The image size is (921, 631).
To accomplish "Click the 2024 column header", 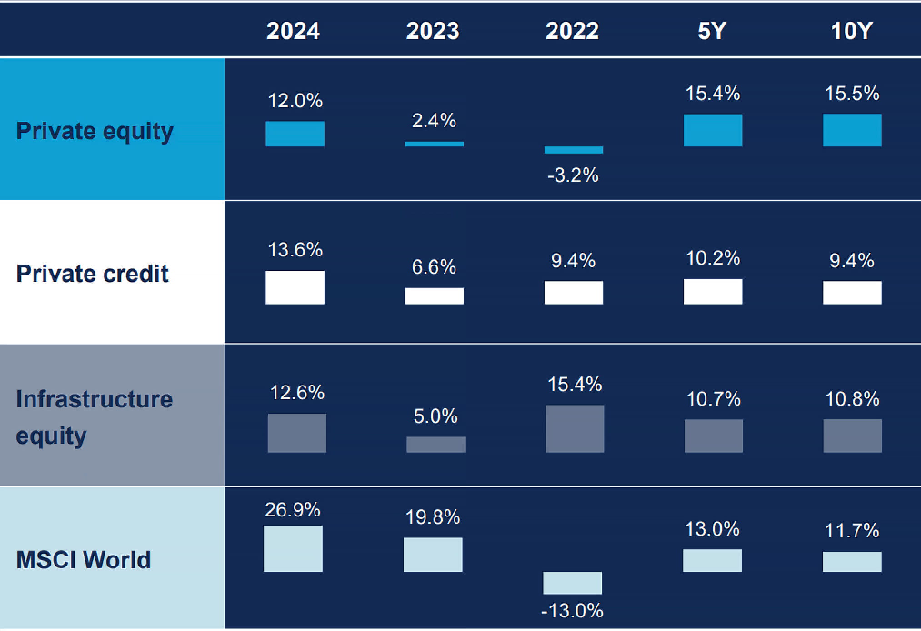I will click(293, 31).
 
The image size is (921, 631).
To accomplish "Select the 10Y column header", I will click(851, 31).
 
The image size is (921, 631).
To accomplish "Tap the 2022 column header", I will click(572, 31).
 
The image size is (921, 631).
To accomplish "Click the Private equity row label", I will click(95, 131).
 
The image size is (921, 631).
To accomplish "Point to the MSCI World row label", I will click(84, 560).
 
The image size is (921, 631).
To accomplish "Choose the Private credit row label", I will click(92, 274).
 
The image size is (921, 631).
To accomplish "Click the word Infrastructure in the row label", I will click(95, 399).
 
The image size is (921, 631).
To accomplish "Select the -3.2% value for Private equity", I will click(573, 175).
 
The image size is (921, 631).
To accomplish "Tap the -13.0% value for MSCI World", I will click(572, 611).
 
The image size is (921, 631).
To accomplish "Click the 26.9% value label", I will click(293, 510).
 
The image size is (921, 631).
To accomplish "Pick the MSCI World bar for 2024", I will click(293, 549).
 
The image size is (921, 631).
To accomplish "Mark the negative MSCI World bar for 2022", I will click(572, 583).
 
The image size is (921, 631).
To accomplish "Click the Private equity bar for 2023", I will click(434, 144).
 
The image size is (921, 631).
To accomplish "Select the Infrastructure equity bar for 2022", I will click(575, 429).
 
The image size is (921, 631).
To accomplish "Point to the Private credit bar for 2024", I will click(295, 287).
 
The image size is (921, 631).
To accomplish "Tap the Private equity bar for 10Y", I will click(852, 130).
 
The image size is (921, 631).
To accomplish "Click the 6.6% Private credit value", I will click(434, 267).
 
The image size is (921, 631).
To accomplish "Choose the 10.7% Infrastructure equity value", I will click(713, 399).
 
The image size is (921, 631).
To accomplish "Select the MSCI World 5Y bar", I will click(712, 561).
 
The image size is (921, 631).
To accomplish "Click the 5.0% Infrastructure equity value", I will click(435, 416).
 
